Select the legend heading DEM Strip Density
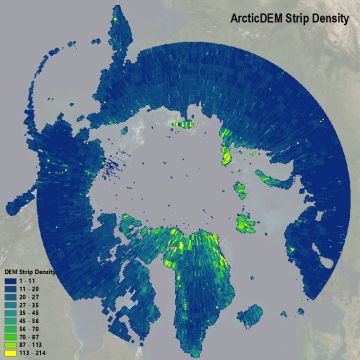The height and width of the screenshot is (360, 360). [29, 270]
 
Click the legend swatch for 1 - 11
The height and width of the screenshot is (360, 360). [11, 278]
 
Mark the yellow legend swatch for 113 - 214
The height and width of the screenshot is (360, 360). [11, 353]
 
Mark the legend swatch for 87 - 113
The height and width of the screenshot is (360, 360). [11, 345]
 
